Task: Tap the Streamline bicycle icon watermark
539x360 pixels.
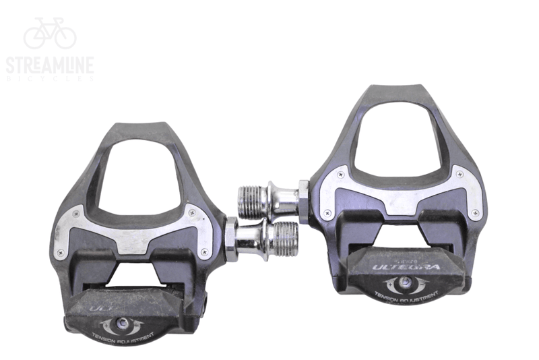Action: coord(50,34)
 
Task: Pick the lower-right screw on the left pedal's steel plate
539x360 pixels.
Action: coord(203,251)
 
